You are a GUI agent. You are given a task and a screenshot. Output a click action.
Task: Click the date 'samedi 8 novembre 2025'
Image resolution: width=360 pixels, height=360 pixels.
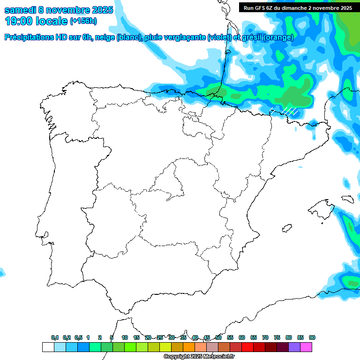(x=59, y=10)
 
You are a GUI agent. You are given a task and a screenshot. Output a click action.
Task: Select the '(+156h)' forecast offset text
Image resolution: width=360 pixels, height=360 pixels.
(x=83, y=21)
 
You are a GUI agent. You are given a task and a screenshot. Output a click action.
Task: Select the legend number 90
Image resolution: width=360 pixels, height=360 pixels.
(x=312, y=337)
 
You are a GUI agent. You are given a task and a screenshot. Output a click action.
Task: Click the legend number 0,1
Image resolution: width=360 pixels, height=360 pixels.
(x=55, y=337)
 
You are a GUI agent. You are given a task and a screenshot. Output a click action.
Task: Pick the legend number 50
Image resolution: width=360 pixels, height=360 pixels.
(x=218, y=337)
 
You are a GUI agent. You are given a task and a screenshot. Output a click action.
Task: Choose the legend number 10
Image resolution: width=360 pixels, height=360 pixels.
(x=125, y=337)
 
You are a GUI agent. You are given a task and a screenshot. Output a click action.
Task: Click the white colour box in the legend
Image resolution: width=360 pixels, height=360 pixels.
(x=48, y=347)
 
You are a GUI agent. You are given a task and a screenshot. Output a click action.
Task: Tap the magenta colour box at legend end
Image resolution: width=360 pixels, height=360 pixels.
(x=306, y=347)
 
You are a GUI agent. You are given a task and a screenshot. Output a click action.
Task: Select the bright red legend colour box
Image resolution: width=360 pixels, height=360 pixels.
(x=247, y=347)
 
